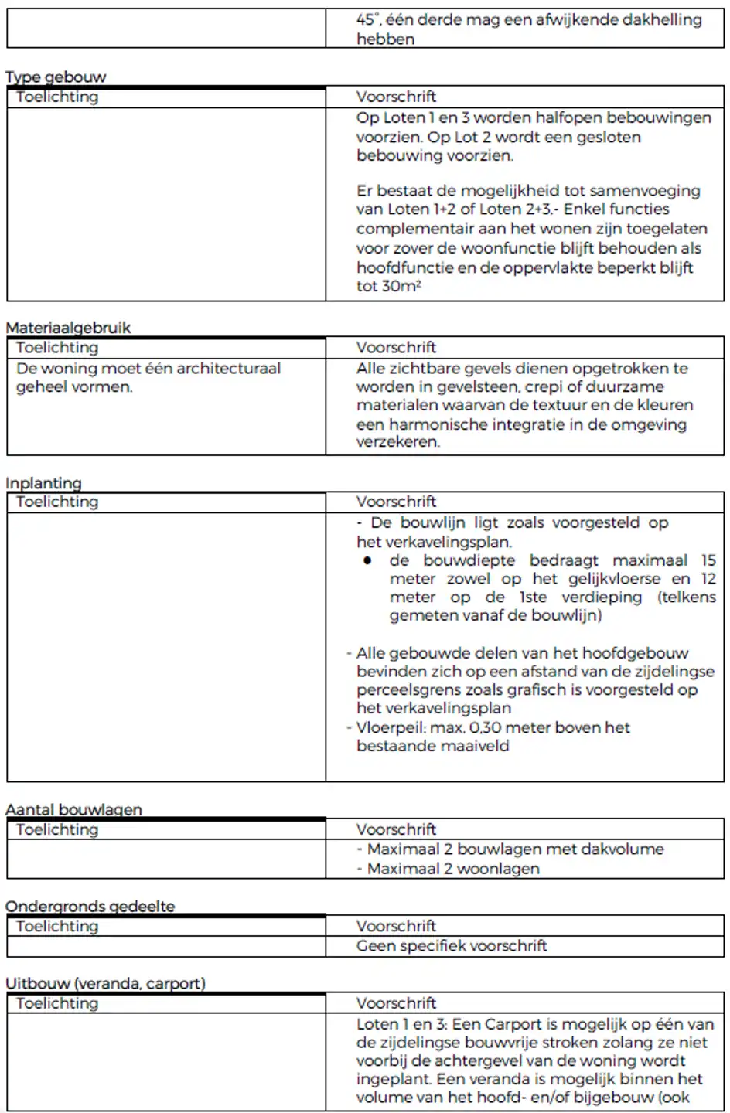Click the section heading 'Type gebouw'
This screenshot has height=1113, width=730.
coord(56,77)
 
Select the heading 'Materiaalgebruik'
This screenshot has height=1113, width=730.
coord(68,327)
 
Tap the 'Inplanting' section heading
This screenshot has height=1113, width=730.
coord(43,483)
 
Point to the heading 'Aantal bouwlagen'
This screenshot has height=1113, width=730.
coord(73,809)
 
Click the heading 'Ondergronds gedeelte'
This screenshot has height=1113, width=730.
coord(90,906)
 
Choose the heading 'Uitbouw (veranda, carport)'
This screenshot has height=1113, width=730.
coord(105,983)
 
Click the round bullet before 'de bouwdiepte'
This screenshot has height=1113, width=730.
coord(368,560)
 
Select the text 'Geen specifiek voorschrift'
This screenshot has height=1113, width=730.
coord(452,945)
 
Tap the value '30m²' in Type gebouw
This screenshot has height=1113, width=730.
coord(401,286)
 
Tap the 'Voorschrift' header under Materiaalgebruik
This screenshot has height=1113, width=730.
coord(396,347)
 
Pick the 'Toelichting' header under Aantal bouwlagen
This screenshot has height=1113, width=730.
coord(57,829)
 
